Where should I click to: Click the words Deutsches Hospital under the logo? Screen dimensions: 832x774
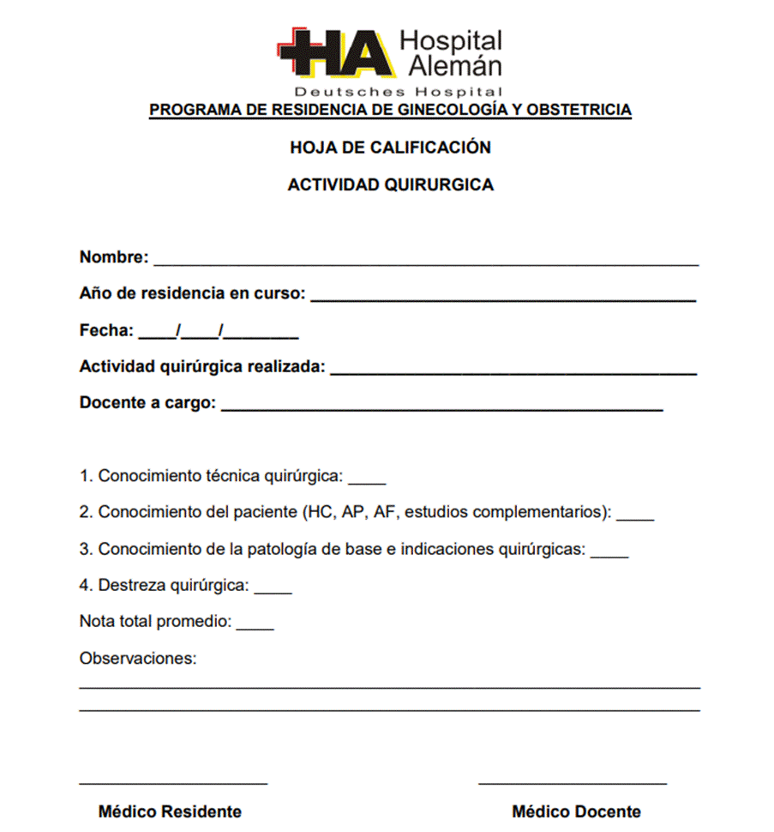click(x=398, y=91)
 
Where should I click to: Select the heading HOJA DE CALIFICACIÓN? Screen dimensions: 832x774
click(x=390, y=148)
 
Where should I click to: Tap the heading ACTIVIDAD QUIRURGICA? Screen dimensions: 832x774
click(x=390, y=184)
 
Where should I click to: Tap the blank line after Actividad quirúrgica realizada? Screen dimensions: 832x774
click(x=513, y=371)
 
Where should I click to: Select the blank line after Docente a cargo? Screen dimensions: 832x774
click(x=441, y=407)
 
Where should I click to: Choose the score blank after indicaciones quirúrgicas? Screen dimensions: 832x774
click(x=609, y=555)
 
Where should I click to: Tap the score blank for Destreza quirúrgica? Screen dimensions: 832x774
click(x=273, y=591)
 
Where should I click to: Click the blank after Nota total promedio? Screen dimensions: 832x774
click(x=255, y=627)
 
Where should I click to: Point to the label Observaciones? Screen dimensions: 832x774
click(x=138, y=659)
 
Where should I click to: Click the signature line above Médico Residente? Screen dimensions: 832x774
click(x=173, y=781)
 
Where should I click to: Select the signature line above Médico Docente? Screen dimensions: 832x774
click(x=573, y=781)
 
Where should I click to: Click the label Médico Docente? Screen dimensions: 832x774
click(x=576, y=811)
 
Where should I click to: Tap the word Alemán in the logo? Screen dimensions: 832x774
click(x=454, y=65)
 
